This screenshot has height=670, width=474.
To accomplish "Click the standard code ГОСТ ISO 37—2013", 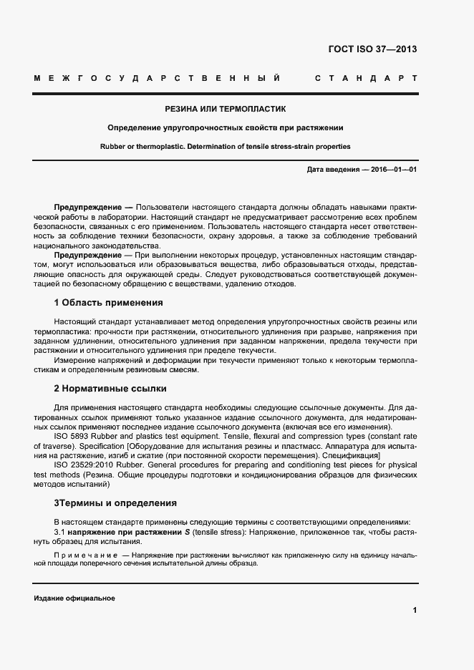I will click(x=372, y=49).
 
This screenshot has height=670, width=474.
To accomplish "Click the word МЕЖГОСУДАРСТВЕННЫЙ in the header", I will click(x=156, y=77).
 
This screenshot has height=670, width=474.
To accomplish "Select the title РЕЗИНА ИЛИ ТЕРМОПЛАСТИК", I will click(x=225, y=110).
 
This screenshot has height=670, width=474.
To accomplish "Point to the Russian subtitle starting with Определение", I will click(x=225, y=128).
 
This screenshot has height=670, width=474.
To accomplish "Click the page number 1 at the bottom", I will click(x=415, y=610).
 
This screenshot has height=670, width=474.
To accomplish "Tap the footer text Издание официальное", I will click(x=74, y=598).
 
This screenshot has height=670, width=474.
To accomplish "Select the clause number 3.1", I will click(x=60, y=533).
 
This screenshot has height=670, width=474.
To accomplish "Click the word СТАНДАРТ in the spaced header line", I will click(x=365, y=77).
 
